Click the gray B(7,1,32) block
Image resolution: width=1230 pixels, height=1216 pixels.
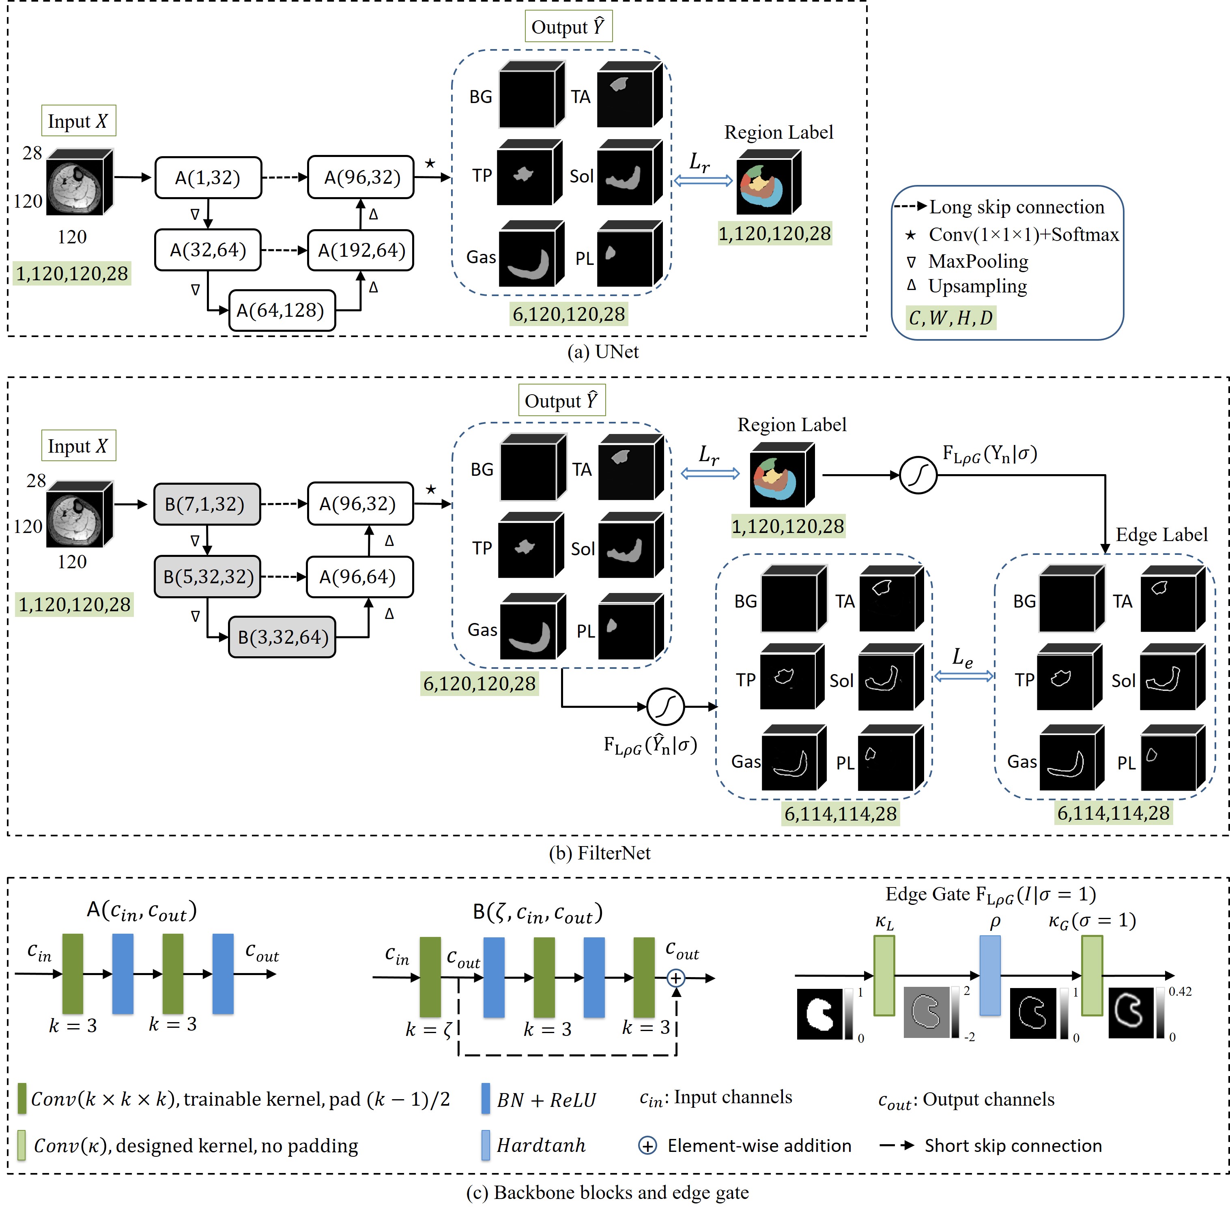207,504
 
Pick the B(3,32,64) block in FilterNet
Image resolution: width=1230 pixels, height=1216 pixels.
282,637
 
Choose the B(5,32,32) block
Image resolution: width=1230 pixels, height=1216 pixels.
208,577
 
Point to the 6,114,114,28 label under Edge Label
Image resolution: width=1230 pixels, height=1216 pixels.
1114,813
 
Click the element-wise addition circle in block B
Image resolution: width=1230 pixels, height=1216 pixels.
676,978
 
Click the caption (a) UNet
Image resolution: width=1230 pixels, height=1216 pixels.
603,351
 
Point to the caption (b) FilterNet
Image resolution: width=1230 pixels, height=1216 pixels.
600,853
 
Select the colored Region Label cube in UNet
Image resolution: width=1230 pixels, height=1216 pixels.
769,182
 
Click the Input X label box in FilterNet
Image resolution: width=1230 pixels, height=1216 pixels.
78,446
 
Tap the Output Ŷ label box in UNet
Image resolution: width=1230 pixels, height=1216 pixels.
568,27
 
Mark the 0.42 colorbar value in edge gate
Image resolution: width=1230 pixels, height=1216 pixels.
1180,991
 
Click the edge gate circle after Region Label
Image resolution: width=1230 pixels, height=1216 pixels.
918,475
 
